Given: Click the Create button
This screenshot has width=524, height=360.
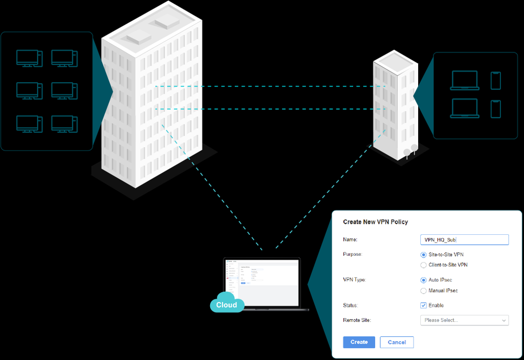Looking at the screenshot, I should click(x=359, y=342).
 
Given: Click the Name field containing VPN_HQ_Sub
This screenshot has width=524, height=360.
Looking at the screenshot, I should click(x=464, y=239).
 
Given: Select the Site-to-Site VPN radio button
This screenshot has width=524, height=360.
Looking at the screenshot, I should click(x=423, y=255).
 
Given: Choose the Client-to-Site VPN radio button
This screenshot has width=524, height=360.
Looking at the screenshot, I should click(x=423, y=265).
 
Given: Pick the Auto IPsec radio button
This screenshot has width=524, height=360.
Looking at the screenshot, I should click(x=423, y=280).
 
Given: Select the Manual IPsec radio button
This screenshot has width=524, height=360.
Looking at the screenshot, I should click(x=423, y=291).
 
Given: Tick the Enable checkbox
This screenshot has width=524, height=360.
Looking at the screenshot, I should click(x=423, y=306).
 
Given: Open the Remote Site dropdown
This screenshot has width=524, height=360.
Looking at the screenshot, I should click(x=464, y=320).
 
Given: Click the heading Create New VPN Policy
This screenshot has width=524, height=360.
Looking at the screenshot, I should click(x=375, y=222).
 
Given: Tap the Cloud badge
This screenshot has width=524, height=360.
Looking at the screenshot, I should click(x=227, y=304).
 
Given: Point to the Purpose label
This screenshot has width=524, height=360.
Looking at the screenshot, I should click(x=353, y=254).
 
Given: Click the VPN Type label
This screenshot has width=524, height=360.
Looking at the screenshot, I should click(x=354, y=280).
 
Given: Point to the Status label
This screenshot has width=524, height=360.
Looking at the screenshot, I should click(x=351, y=305).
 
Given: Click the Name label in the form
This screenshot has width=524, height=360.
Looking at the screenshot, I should click(x=350, y=239).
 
